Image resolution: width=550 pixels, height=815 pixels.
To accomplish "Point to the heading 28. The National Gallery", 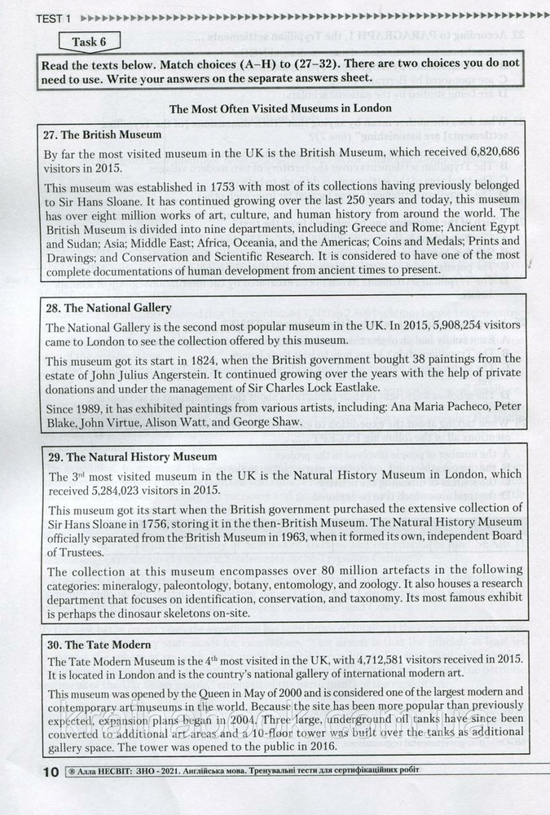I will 107,308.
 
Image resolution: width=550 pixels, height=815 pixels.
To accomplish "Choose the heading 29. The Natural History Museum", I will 130,456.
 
